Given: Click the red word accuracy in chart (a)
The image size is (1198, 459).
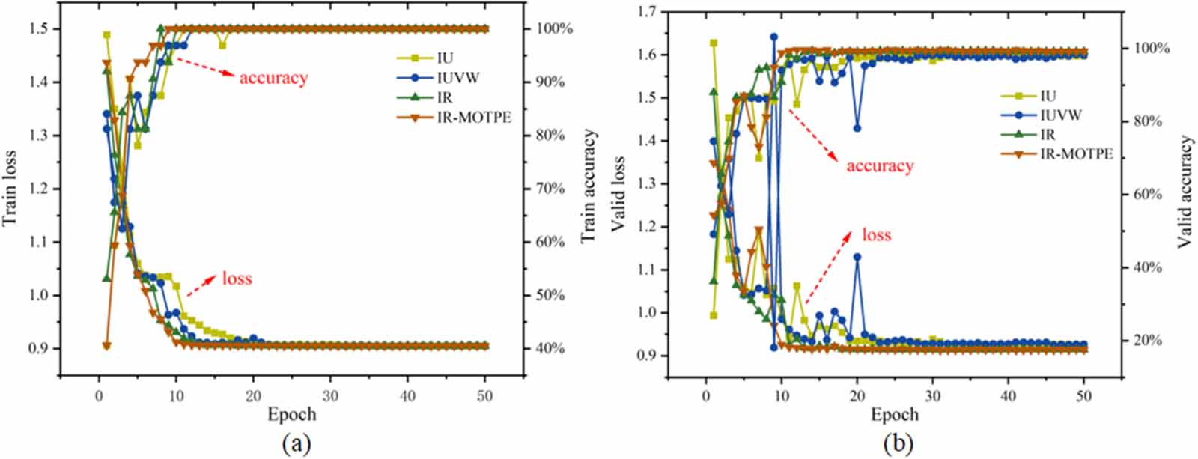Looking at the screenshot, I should click(273, 77).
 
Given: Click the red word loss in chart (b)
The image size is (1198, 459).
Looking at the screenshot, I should click(877, 234).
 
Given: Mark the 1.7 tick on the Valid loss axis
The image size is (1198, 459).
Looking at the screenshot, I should click(648, 11).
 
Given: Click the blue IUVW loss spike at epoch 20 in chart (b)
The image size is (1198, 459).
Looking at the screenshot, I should click(857, 257).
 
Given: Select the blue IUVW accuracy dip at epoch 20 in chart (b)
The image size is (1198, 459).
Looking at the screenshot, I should click(857, 128).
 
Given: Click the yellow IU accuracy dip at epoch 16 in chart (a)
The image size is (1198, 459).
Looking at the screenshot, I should click(222, 45).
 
